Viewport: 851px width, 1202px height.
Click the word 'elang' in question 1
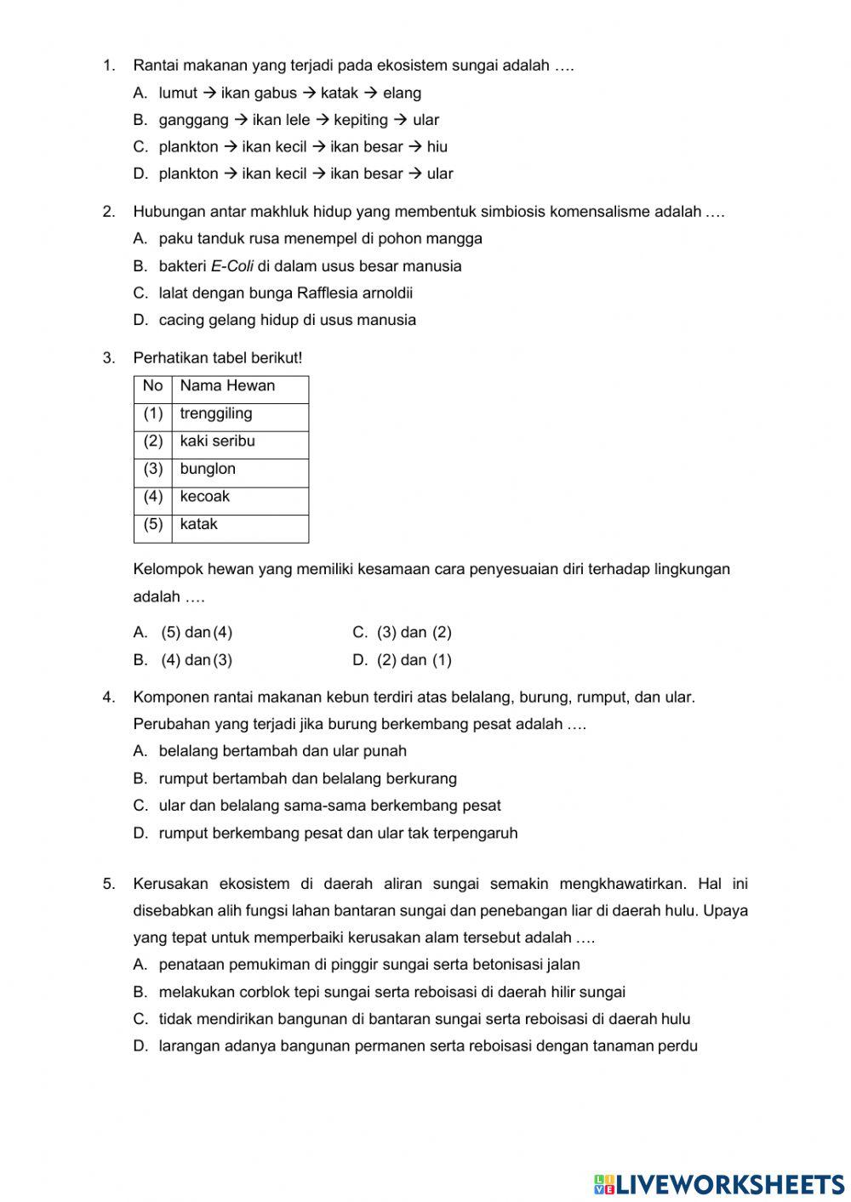pyautogui.click(x=402, y=94)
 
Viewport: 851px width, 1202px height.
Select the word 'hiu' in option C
pyautogui.click(x=437, y=147)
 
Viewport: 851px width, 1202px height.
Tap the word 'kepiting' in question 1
pyautogui.click(x=361, y=120)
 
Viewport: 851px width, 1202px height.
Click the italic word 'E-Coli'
pyautogui.click(x=231, y=266)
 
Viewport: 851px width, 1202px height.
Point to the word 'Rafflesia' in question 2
pyautogui.click(x=328, y=293)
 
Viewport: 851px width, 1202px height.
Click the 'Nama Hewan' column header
pyautogui.click(x=227, y=386)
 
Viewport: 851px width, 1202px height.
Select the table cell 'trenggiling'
pyautogui.click(x=216, y=414)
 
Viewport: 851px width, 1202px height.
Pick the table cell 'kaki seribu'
pyautogui.click(x=217, y=441)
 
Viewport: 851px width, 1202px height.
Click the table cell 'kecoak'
pyautogui.click(x=204, y=497)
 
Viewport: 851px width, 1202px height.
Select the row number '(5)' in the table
pyautogui.click(x=153, y=525)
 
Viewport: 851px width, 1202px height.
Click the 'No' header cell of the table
pyautogui.click(x=152, y=386)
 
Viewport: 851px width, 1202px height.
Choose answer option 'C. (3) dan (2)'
pyautogui.click(x=402, y=633)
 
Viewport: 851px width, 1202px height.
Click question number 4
pyautogui.click(x=108, y=698)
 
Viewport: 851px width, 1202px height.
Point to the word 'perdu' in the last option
pyautogui.click(x=677, y=1046)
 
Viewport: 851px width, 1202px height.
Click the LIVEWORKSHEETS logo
pyautogui.click(x=719, y=1184)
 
